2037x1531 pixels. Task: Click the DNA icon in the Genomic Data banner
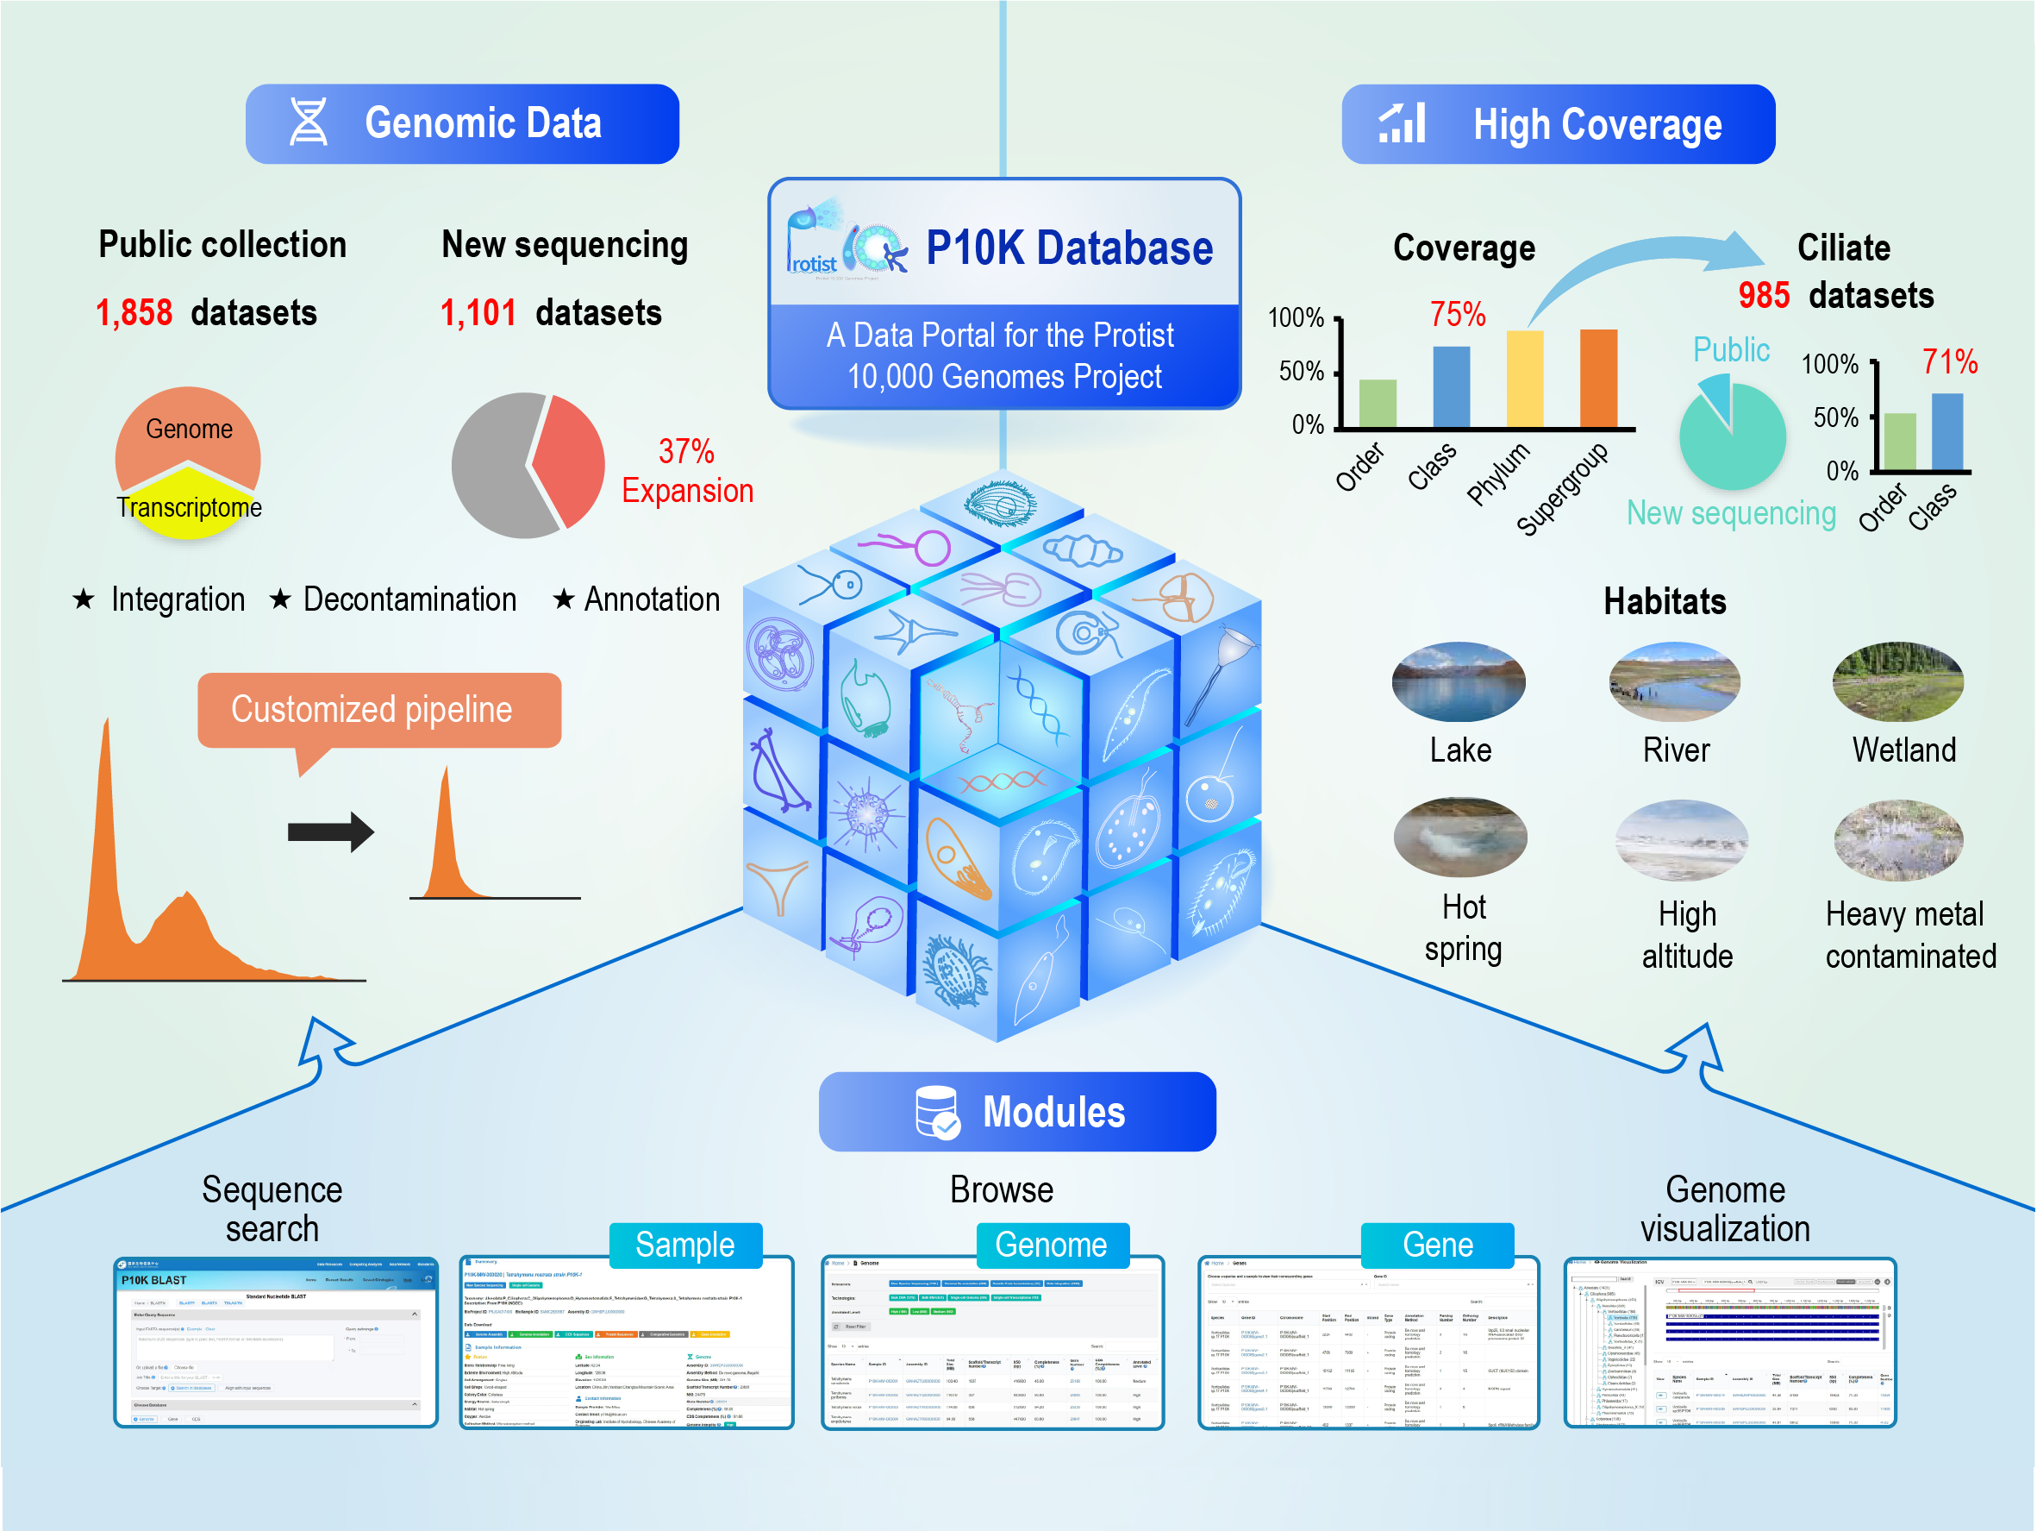point(308,122)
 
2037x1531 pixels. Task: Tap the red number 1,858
point(134,313)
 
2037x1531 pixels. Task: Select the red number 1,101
point(478,313)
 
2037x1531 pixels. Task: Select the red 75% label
point(1457,314)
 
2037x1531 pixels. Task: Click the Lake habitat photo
point(1458,681)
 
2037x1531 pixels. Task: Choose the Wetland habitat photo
point(1897,681)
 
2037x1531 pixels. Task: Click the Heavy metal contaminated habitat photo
point(1897,840)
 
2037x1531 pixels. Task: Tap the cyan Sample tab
point(685,1245)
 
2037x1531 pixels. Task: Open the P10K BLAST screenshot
point(275,1341)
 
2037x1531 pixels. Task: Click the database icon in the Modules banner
point(936,1112)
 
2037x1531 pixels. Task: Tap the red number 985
point(1763,296)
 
